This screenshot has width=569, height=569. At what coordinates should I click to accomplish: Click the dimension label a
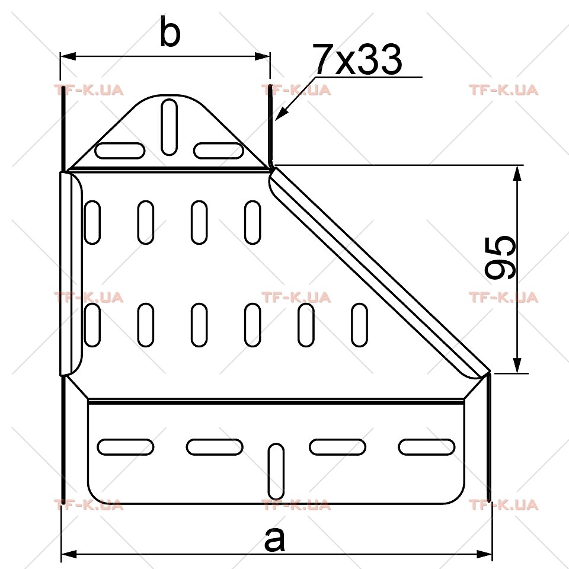[274, 539]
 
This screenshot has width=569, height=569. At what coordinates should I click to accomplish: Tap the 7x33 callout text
[359, 59]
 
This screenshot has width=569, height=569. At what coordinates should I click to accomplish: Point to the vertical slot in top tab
[169, 127]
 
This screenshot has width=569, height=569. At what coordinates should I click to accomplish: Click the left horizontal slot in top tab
[120, 151]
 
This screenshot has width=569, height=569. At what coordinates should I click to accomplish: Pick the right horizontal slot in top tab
[219, 151]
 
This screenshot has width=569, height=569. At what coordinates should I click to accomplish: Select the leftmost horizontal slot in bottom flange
[126, 447]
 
